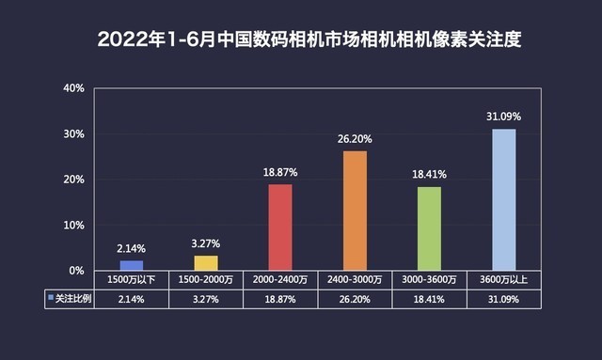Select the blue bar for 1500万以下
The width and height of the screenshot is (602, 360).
[132, 265]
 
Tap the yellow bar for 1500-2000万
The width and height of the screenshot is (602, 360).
[206, 262]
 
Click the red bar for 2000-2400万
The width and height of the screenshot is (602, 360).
[280, 227]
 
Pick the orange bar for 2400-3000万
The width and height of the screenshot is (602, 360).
[355, 211]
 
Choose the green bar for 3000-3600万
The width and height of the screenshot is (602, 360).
[429, 228]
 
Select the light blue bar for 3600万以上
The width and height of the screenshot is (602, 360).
[503, 199]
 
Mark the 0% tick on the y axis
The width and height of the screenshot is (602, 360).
[76, 270]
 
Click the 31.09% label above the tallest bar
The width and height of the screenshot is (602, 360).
[503, 117]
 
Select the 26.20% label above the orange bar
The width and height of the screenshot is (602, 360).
[355, 139]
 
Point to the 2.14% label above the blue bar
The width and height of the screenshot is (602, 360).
[132, 248]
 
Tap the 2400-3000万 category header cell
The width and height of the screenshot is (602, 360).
[355, 280]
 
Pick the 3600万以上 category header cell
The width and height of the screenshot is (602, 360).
[503, 280]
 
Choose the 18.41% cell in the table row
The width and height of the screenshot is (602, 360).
[429, 298]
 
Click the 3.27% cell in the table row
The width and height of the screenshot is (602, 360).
[206, 298]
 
